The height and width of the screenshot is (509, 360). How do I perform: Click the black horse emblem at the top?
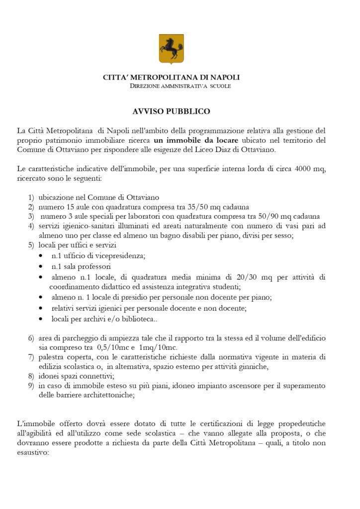pyautogui.click(x=171, y=49)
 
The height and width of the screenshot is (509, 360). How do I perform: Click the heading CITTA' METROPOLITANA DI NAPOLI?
pyautogui.click(x=171, y=78)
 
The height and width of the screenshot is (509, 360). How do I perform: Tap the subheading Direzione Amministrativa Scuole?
pyautogui.click(x=180, y=86)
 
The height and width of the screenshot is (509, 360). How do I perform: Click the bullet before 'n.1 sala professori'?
pyautogui.click(x=41, y=267)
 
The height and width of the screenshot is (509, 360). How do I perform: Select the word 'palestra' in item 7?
pyautogui.click(x=52, y=357)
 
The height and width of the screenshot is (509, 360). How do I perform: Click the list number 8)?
pyautogui.click(x=31, y=376)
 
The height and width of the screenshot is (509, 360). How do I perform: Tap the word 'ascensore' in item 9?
pyautogui.click(x=238, y=386)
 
